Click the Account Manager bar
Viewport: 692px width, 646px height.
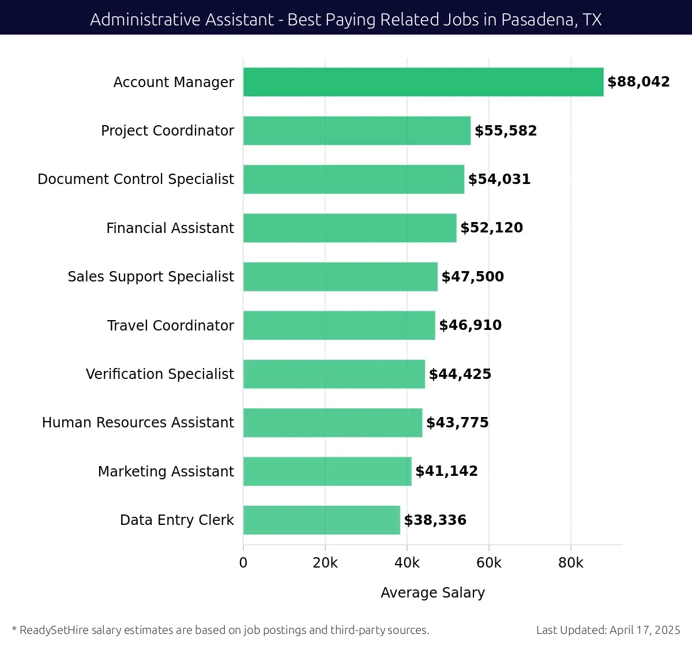pyautogui.click(x=423, y=82)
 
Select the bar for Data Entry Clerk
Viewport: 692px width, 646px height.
pyautogui.click(x=321, y=520)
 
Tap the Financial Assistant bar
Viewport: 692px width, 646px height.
pyautogui.click(x=349, y=228)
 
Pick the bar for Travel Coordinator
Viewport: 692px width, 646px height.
pyautogui.click(x=339, y=325)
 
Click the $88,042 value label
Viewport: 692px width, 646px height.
pyautogui.click(x=638, y=82)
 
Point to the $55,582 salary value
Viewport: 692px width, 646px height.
pyautogui.click(x=505, y=131)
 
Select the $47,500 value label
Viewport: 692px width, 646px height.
pyautogui.click(x=472, y=277)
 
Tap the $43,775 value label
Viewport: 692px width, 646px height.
pyautogui.click(x=457, y=423)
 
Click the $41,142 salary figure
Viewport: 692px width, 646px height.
pyautogui.click(x=446, y=471)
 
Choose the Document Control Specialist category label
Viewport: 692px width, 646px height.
pyautogui.click(x=136, y=179)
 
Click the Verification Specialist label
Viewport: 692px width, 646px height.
pyautogui.click(x=160, y=374)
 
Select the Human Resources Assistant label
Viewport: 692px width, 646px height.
pyautogui.click(x=138, y=423)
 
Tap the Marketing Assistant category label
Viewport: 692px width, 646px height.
pyautogui.click(x=166, y=472)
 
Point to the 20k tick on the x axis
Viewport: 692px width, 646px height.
pyautogui.click(x=325, y=563)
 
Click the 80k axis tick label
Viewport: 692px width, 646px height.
pyautogui.click(x=571, y=563)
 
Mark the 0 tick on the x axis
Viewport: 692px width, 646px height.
pyautogui.click(x=243, y=563)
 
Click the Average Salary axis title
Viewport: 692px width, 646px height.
pyautogui.click(x=432, y=593)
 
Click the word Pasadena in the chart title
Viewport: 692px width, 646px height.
pyautogui.click(x=539, y=20)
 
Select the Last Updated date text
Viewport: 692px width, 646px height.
pyautogui.click(x=608, y=630)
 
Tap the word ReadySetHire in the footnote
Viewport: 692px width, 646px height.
pyautogui.click(x=54, y=630)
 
